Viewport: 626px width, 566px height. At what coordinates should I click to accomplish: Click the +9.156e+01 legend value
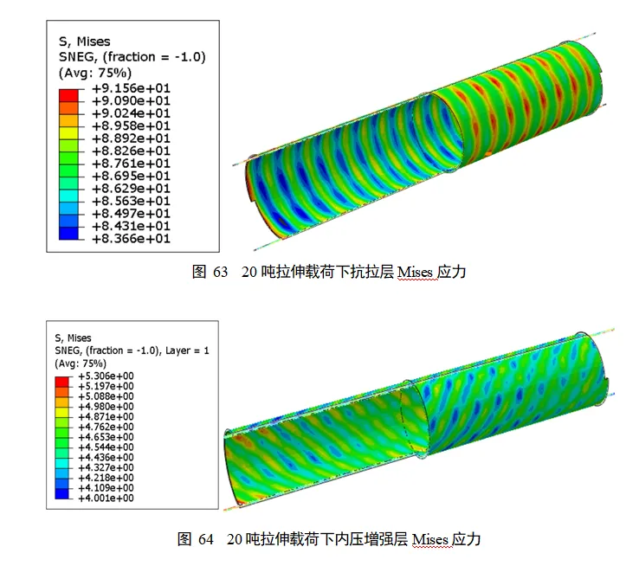click(x=131, y=88)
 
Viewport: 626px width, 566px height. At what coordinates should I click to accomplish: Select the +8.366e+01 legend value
click(x=131, y=239)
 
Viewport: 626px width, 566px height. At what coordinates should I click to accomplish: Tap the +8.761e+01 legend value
click(x=131, y=164)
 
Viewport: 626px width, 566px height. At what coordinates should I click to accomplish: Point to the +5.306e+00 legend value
click(x=106, y=376)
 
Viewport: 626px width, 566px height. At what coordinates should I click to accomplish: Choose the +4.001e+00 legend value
click(x=106, y=498)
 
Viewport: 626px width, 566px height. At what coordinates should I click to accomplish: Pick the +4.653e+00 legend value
click(x=106, y=437)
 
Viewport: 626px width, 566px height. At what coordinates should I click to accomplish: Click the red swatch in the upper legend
click(x=68, y=96)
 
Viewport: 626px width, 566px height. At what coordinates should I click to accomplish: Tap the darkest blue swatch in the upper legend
click(x=68, y=234)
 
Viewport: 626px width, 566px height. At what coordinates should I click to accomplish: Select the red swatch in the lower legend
click(x=61, y=382)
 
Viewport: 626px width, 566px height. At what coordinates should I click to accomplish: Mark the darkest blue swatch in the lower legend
click(x=61, y=494)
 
